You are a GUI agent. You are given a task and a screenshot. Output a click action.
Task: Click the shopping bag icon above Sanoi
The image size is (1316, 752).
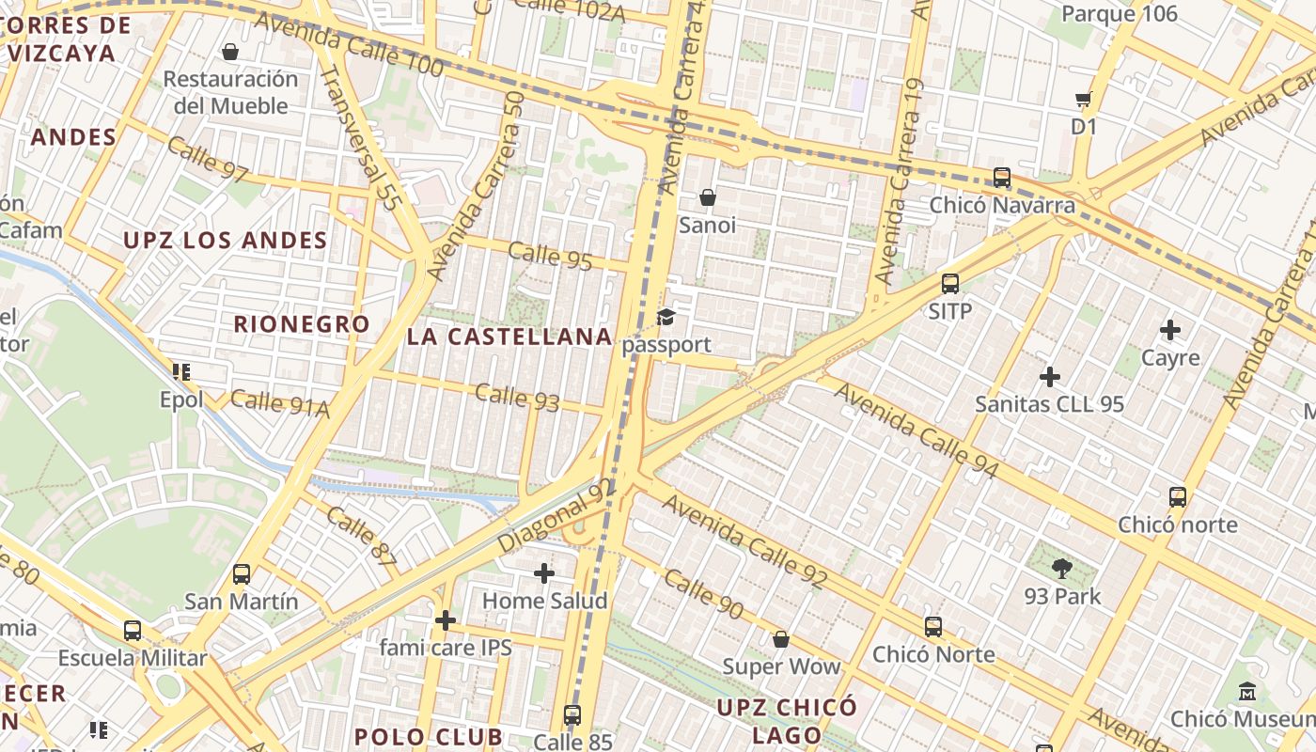[708, 197]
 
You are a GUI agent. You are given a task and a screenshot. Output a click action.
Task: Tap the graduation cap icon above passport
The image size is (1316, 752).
[666, 317]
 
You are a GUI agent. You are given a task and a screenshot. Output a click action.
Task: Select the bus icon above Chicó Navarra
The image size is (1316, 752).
[1002, 177]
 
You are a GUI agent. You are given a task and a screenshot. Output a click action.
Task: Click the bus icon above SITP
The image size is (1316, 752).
[950, 283]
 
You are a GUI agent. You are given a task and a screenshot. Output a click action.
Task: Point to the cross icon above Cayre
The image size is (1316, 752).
[1170, 330]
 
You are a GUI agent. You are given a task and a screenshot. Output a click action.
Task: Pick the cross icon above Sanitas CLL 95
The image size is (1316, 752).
[1050, 377]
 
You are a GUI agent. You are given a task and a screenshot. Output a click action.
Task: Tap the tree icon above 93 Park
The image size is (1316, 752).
[1062, 568]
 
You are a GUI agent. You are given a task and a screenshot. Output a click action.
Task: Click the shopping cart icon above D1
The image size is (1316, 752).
[1084, 99]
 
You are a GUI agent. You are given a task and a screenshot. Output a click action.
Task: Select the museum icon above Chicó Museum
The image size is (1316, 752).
[1247, 691]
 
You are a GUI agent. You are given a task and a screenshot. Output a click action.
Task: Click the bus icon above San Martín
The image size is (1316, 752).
[242, 573]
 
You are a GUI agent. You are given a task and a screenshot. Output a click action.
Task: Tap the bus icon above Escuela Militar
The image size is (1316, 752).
[133, 630]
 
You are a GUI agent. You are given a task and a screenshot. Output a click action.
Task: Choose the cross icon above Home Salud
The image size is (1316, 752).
[544, 572]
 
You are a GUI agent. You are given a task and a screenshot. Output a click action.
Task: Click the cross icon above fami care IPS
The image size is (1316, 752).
[446, 619]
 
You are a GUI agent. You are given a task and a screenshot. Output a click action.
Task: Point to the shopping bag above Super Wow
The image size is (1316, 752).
[781, 639]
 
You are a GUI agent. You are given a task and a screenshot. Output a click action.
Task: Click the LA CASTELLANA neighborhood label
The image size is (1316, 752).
[509, 337]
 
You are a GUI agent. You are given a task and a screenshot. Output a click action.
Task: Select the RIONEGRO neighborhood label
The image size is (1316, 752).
[302, 324]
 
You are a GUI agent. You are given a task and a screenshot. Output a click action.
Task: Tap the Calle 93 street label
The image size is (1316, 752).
[517, 397]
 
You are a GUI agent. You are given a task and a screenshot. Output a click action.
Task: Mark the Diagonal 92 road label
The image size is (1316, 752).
[555, 518]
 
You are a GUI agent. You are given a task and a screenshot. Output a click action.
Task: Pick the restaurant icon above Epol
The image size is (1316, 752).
[181, 372]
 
